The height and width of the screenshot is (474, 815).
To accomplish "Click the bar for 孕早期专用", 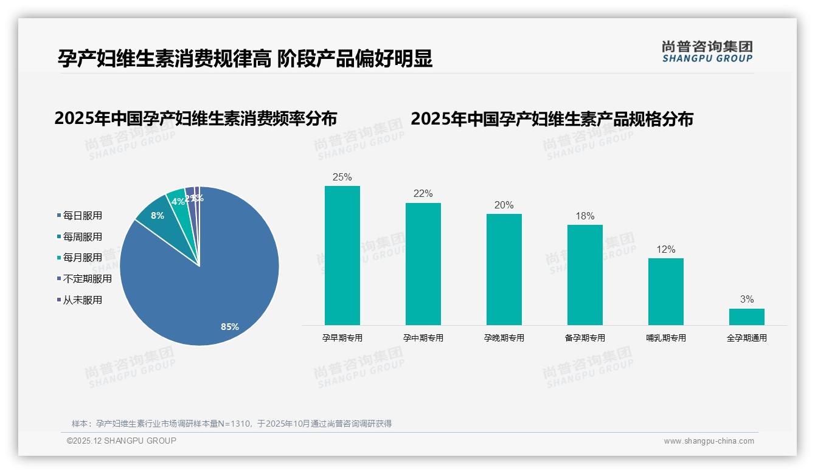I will pos(342,255).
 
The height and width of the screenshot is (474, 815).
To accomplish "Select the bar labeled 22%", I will pos(423,264).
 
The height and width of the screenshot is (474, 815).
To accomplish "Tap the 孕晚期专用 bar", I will pos(504,269).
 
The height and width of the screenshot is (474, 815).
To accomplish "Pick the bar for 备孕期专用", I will pos(584,275).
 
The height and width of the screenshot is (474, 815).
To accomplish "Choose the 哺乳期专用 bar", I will pos(665,292).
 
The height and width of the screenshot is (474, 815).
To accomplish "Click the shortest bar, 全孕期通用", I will pos(746,317).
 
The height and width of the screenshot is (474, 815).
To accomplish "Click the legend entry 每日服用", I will pos(82,216).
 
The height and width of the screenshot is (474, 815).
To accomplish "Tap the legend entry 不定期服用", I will pos(87,279).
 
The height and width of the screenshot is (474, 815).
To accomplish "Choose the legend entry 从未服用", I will pos(82,300).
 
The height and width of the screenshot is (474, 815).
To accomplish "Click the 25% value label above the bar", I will pos(342,177).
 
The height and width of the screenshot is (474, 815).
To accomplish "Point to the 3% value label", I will pos(747,300).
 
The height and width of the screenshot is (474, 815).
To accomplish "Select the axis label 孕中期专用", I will pos(423,338).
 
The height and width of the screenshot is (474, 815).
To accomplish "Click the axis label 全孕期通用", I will pos(747,338).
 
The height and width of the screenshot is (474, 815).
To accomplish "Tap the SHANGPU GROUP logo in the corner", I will pos(707,52).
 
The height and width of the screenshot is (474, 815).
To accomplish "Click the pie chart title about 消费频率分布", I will pos(195,118).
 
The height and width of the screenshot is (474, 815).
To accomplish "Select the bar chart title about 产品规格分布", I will pos(552,119).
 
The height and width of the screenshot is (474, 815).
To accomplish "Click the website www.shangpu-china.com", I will pos(709,441).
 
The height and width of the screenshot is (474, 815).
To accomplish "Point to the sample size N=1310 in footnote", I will pos(231,424).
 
